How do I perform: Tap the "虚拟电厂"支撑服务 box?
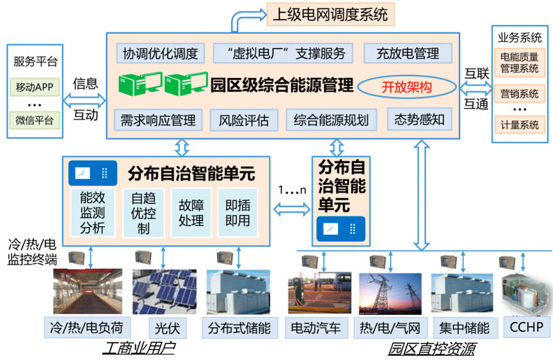click(x=279, y=53)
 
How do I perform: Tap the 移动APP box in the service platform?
click(x=35, y=88)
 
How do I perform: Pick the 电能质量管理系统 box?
click(x=520, y=62)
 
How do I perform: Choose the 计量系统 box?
click(x=520, y=125)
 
